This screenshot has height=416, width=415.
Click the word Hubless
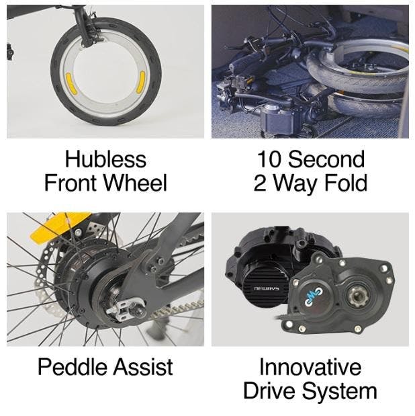click(x=105, y=159)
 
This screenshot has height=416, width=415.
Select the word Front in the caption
click(x=72, y=183)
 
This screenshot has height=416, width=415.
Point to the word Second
click(x=326, y=159)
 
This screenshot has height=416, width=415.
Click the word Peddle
click(x=73, y=367)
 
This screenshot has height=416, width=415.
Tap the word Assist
click(x=144, y=367)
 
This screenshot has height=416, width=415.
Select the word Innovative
click(x=310, y=367)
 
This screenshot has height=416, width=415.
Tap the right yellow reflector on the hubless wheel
click(x=140, y=83)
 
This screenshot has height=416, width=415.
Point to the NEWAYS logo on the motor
click(x=266, y=288)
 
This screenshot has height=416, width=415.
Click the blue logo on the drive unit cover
click(x=313, y=294)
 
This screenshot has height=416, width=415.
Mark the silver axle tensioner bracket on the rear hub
click(x=125, y=310)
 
